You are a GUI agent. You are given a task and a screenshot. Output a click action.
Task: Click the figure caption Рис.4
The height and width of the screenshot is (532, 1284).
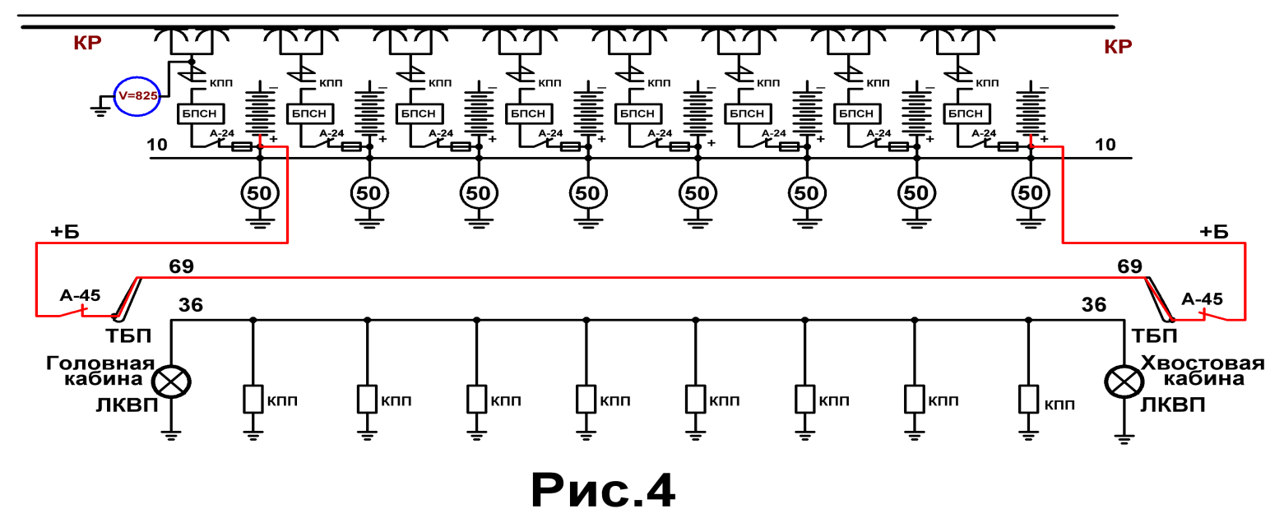coord(603,491)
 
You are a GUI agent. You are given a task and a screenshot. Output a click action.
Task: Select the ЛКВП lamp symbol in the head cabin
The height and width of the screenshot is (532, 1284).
coord(171,382)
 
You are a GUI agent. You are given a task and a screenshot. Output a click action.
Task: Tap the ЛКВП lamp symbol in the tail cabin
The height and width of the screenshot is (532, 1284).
coord(1124,382)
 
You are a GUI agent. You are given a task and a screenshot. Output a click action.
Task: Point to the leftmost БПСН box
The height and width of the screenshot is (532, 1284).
coord(200,113)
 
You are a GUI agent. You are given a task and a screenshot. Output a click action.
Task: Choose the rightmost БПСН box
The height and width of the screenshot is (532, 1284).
coord(966,113)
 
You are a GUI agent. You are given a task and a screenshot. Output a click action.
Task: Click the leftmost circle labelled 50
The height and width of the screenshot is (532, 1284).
coord(260,193)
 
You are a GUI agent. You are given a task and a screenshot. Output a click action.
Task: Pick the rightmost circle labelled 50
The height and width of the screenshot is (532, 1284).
coord(1031,193)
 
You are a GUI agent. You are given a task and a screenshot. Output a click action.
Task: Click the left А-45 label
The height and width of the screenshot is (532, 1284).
coord(81,296)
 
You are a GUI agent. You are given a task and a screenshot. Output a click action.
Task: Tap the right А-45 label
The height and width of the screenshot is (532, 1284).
coord(1202,299)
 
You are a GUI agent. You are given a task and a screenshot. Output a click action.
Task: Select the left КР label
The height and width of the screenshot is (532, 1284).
coord(87,43)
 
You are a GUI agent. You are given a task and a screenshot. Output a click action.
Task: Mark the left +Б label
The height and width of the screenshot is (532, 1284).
coord(65,232)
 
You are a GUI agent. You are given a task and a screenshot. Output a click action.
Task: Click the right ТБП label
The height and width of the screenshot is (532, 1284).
coord(1154,336)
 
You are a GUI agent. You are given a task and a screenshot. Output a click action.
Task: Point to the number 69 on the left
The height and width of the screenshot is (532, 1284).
coord(181,266)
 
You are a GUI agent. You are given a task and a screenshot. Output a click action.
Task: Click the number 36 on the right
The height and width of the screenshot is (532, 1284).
coord(1094,305)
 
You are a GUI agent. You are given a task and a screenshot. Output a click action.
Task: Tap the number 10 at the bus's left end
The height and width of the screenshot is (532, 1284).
coord(157,145)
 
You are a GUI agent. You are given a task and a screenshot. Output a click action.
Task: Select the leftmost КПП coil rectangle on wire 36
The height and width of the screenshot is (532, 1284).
coord(253,399)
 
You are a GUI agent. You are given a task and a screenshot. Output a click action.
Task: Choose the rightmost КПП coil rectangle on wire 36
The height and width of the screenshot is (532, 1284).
coord(1028,399)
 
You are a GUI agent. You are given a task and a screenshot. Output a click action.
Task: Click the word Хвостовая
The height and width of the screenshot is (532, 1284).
coord(1203,363)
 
